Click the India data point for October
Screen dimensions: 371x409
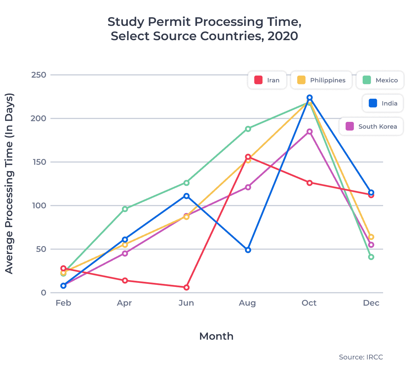309,98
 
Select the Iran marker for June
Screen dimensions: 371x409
186,288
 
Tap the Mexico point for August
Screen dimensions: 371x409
248,129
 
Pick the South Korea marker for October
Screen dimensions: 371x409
309,132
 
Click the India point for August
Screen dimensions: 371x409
248,250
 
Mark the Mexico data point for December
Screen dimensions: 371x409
371,257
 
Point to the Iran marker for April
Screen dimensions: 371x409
125,280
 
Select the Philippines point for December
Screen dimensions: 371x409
371,237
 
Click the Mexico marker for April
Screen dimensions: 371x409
125,209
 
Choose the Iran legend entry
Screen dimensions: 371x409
267,80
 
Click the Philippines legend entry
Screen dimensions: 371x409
321,80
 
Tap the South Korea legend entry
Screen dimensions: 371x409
371,127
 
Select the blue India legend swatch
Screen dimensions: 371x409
373,103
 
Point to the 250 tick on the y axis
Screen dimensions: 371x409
39,75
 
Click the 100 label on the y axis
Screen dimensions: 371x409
39,206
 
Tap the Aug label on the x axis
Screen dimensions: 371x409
247,303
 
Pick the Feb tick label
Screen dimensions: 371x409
63,303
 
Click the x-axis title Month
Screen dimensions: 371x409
216,336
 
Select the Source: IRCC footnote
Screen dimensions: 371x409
361,357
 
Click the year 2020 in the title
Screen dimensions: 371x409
283,36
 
